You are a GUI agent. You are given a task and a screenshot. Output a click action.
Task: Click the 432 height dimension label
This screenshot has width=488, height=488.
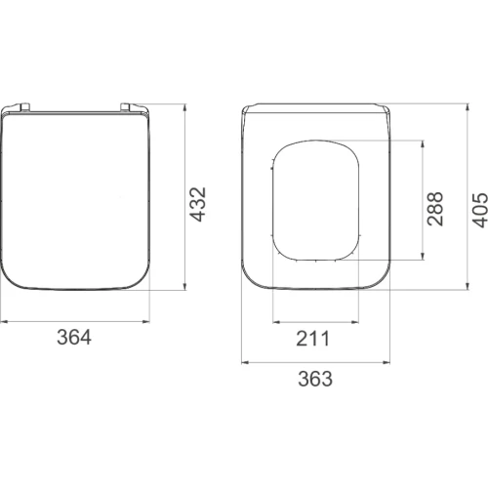[198, 205]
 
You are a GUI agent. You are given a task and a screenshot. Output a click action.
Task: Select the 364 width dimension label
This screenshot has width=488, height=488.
[74, 337]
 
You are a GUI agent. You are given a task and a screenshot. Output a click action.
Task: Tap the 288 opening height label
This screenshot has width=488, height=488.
[435, 209]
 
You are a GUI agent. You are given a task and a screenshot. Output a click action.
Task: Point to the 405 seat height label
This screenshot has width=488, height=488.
[480, 210]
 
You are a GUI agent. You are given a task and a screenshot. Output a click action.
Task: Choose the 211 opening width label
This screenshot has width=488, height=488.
[313, 339]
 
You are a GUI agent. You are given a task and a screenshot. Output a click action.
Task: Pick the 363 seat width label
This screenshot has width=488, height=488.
[315, 379]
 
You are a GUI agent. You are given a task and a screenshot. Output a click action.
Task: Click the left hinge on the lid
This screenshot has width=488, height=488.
[25, 107]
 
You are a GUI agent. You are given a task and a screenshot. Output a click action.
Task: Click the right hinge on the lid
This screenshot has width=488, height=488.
[126, 107]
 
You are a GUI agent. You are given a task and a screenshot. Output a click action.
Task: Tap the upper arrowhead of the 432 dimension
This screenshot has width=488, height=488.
[184, 107]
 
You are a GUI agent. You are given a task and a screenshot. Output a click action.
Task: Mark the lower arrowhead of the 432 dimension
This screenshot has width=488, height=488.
[184, 285]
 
